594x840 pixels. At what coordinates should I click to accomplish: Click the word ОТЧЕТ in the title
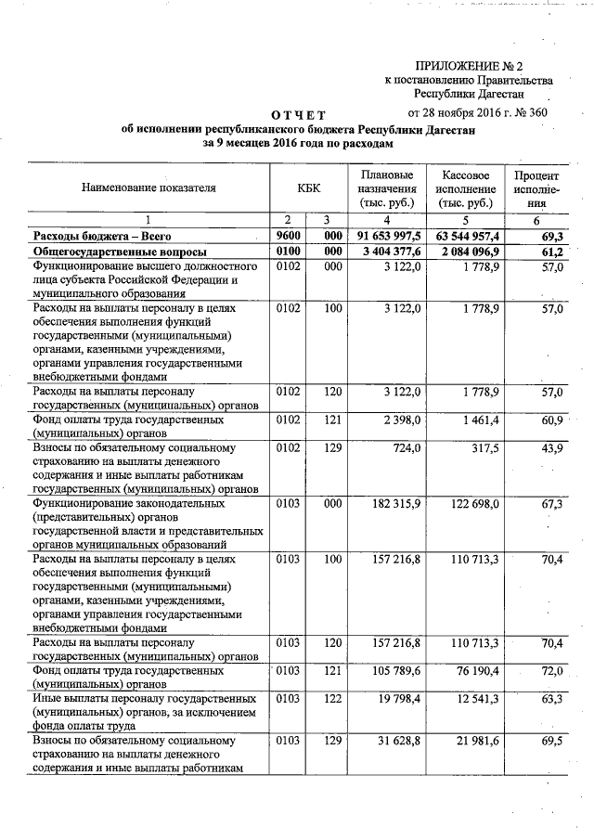pyautogui.click(x=300, y=114)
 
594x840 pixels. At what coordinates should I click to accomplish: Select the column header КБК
pyautogui.click(x=310, y=187)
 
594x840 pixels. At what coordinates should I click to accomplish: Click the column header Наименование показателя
pyautogui.click(x=148, y=187)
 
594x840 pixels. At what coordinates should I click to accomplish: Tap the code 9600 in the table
pyautogui.click(x=289, y=236)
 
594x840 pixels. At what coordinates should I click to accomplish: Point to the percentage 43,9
pyautogui.click(x=552, y=448)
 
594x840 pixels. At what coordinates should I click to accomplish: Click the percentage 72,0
pyautogui.click(x=552, y=669)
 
